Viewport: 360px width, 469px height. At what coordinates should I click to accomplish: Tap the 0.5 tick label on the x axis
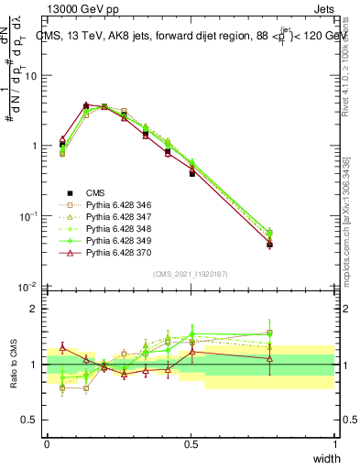pyautogui.click(x=191, y=443)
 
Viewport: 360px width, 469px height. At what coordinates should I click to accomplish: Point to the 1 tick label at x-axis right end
pyautogui.click(x=334, y=443)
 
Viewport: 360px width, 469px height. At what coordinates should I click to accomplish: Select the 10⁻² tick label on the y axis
pyautogui.click(x=30, y=288)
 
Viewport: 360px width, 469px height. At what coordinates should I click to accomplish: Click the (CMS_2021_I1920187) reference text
pyautogui.click(x=190, y=274)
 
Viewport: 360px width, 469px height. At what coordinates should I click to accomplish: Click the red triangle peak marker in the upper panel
pyautogui.click(x=86, y=106)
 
